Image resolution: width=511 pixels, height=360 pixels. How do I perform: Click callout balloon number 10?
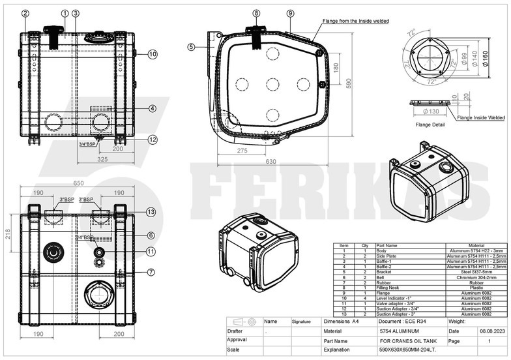coord(153,54)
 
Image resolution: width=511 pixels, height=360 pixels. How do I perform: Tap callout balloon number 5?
coord(191,46)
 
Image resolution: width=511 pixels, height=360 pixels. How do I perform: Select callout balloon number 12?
coord(153,139)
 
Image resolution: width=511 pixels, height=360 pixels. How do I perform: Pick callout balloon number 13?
coord(151,212)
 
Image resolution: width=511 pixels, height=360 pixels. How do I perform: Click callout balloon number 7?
coord(151,272)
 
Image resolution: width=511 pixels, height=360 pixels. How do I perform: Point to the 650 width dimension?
coord(78,183)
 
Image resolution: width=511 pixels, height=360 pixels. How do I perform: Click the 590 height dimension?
coord(348,83)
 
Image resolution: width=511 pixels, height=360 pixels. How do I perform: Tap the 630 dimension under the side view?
coord(270,162)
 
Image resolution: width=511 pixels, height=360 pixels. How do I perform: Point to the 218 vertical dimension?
coord(8,233)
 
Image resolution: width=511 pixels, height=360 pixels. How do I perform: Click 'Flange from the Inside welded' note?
coord(355,21)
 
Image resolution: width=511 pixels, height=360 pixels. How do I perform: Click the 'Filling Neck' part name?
coord(391,288)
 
